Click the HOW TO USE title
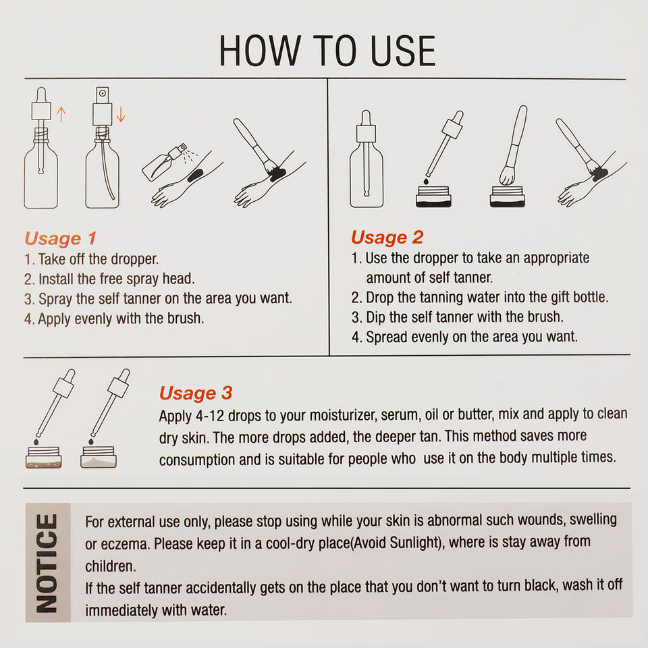327,51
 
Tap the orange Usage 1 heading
60,238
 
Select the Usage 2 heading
387,237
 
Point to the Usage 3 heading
196,393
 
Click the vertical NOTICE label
47,563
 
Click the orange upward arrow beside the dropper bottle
61,115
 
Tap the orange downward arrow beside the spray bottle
121,115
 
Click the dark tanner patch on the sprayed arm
194,175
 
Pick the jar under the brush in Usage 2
508,196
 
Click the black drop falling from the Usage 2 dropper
426,181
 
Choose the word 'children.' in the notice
110,566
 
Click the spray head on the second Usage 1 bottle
103,106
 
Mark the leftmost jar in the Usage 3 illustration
44,457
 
